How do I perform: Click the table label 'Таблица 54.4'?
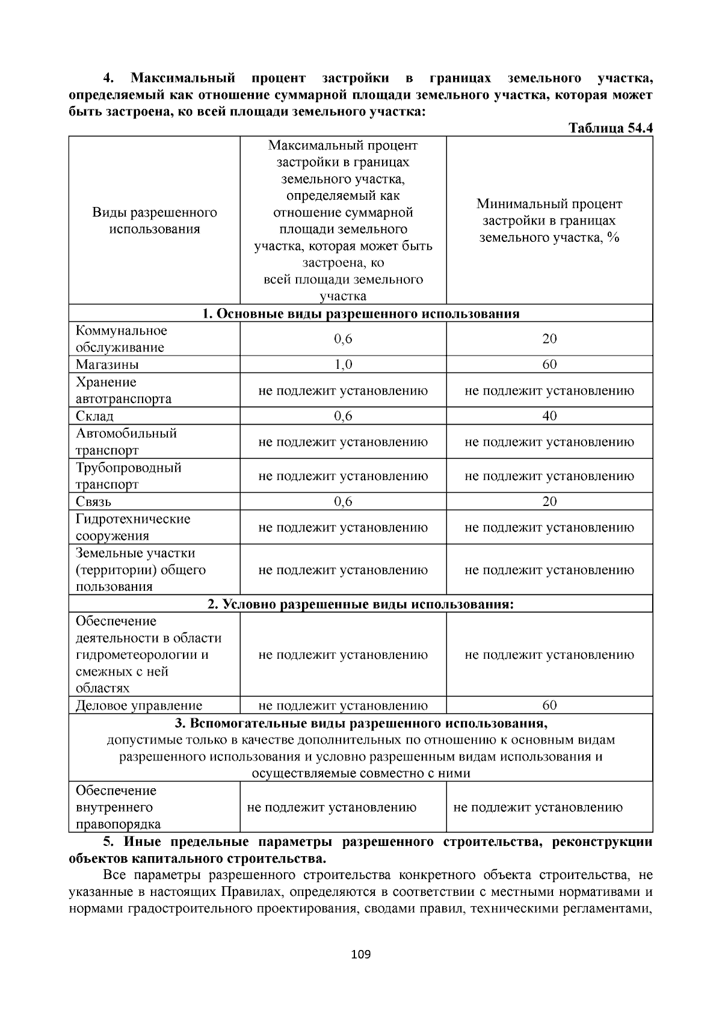click(x=610, y=129)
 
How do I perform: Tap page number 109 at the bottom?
click(x=361, y=954)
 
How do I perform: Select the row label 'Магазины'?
click(x=107, y=365)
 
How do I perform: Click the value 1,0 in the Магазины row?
click(x=343, y=365)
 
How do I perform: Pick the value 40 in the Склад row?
click(x=549, y=416)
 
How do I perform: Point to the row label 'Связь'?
click(x=93, y=502)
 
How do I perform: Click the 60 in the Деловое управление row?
click(x=549, y=705)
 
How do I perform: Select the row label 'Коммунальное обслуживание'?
click(x=122, y=339)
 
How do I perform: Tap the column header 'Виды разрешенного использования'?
click(x=155, y=221)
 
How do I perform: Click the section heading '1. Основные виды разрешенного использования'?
click(x=360, y=313)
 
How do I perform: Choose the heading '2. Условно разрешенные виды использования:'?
click(x=360, y=604)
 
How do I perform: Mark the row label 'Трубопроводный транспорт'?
click(x=128, y=476)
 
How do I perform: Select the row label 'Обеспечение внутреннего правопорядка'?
click(x=118, y=807)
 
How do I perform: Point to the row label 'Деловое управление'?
click(x=139, y=705)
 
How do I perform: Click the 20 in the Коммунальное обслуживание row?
click(x=549, y=339)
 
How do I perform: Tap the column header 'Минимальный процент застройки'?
click(x=549, y=221)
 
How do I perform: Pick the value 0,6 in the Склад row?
click(x=343, y=416)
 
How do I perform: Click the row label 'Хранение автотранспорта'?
click(x=123, y=390)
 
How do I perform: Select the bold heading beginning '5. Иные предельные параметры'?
click(x=360, y=850)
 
